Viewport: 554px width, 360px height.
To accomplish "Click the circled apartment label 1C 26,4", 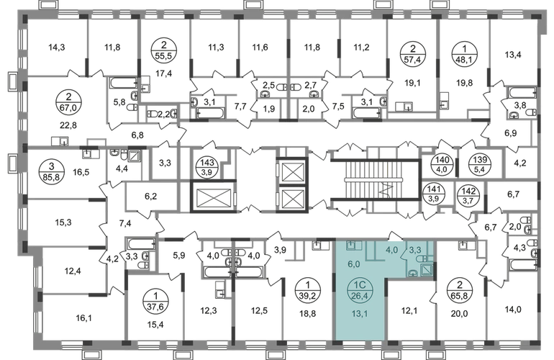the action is tap(359, 290).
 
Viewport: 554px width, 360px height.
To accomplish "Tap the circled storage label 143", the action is tap(207, 167).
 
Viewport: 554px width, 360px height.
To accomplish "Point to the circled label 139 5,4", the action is tap(480, 164).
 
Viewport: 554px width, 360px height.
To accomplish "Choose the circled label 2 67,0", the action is tap(68, 102).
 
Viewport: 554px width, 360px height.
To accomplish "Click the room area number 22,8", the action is tap(68, 125).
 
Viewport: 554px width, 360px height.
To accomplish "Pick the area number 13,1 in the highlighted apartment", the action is tap(360, 312).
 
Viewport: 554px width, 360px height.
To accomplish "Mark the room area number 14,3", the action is tap(57, 47).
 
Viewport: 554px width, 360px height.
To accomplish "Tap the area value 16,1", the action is tap(83, 318).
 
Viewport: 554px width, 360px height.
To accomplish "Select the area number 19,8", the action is tap(464, 83).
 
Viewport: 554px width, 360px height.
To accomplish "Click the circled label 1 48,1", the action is tap(465, 54).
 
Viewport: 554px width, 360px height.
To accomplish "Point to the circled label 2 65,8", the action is tap(460, 290).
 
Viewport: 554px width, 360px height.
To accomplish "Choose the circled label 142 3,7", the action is tap(468, 195).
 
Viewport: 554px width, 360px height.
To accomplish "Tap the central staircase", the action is tap(375, 180).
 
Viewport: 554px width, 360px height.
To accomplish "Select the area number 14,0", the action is tap(513, 310).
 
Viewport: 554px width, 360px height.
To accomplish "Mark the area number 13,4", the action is tap(513, 55).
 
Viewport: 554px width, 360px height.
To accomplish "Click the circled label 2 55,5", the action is tap(163, 50).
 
